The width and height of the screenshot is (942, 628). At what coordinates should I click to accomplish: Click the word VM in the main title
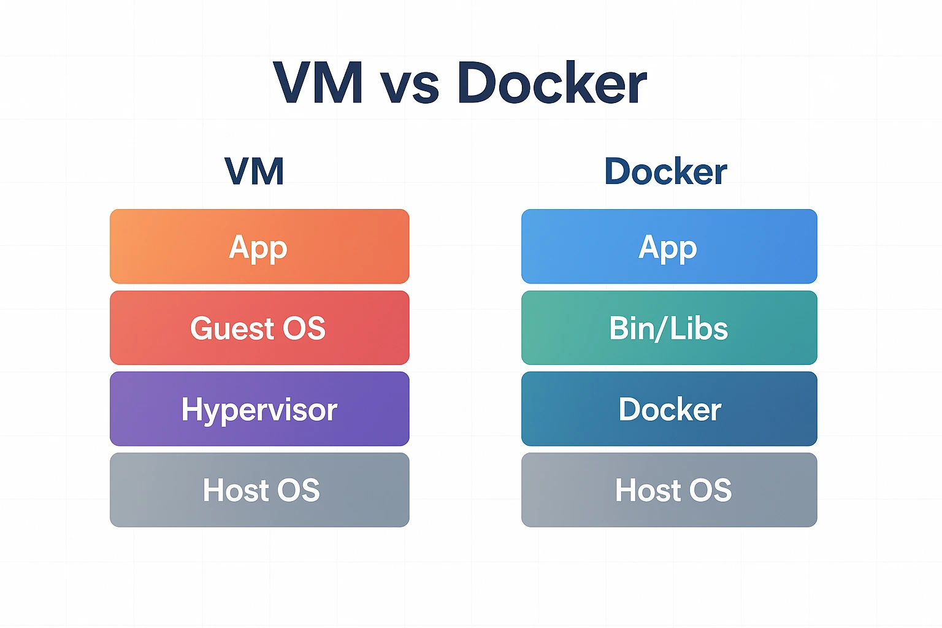(x=318, y=83)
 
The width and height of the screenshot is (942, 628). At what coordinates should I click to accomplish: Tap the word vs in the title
(x=410, y=86)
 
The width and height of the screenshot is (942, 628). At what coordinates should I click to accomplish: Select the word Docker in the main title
(x=552, y=83)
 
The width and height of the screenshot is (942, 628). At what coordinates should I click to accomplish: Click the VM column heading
(x=255, y=171)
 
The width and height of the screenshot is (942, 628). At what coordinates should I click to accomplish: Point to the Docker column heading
(x=665, y=171)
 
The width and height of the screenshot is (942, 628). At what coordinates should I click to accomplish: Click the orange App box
(x=259, y=246)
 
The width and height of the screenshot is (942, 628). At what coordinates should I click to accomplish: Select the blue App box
(x=669, y=246)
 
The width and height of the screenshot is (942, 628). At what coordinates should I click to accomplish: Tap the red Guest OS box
(x=259, y=327)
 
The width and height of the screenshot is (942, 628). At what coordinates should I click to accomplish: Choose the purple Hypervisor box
(x=259, y=408)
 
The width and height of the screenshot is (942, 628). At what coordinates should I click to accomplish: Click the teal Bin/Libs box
(x=669, y=327)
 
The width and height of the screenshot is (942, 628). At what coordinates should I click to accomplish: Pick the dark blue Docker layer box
(x=669, y=408)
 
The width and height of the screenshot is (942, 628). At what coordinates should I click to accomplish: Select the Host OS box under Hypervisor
(x=259, y=489)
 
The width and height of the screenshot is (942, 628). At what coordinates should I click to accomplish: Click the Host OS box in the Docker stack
(x=669, y=489)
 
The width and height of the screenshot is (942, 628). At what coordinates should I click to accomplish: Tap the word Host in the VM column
(x=235, y=490)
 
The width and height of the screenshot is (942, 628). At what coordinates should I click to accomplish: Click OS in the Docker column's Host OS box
(x=711, y=490)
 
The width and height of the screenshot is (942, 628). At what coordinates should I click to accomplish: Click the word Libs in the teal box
(x=699, y=328)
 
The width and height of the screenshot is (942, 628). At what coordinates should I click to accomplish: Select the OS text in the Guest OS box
(x=304, y=328)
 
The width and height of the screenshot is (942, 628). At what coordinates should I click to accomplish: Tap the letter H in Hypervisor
(x=191, y=408)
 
